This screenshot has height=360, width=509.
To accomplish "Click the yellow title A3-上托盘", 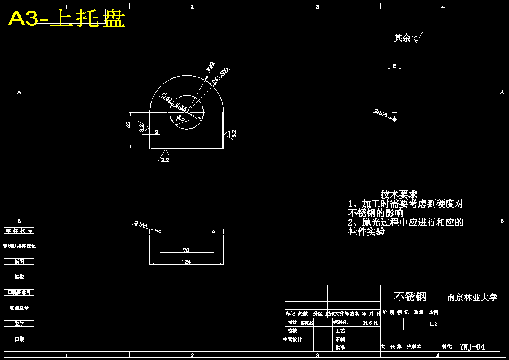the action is (66, 19).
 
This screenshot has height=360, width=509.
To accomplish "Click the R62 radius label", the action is (210, 66).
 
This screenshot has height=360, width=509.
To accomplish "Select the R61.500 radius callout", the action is (220, 76).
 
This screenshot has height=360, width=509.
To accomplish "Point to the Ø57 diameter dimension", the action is (167, 99).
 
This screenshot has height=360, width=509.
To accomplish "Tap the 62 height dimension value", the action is (128, 125).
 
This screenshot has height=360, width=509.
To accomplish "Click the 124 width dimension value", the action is (186, 262).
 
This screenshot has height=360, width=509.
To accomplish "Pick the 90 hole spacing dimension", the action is (186, 250).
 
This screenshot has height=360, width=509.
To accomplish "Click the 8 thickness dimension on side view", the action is (394, 66).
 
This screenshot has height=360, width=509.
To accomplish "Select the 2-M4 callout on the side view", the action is (381, 113).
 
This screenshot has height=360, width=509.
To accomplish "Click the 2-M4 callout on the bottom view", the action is (141, 224).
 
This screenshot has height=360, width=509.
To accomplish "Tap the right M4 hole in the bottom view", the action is (214, 232).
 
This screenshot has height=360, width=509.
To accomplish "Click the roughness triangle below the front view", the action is (165, 153).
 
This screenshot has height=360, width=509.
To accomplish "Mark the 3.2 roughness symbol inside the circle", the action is (181, 118).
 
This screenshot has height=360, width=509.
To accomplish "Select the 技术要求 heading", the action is (399, 195).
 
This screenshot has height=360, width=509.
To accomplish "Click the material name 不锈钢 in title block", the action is (410, 296).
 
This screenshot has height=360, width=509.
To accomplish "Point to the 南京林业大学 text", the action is (472, 298).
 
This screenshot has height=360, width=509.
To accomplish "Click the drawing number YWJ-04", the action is (472, 347).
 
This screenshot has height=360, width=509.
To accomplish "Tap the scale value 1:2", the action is (433, 324).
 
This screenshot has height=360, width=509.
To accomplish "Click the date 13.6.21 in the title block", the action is (370, 323).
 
